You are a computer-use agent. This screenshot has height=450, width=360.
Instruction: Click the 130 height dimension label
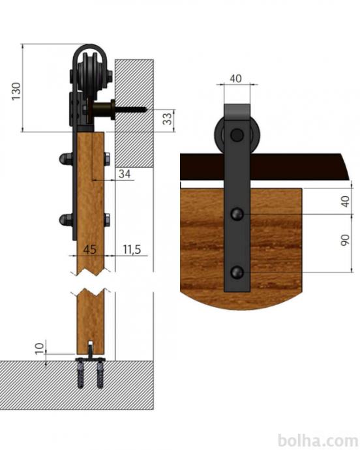click(17, 91)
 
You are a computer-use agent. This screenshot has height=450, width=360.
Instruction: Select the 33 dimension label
click(167, 119)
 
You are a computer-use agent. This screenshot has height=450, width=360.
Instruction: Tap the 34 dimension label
click(125, 173)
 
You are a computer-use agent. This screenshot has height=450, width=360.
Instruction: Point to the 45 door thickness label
click(90, 249)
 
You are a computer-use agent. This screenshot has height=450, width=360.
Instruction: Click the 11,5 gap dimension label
click(132, 249)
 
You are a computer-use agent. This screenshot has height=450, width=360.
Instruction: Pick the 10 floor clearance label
click(40, 348)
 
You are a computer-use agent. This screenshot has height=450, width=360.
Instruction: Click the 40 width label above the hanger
click(235, 78)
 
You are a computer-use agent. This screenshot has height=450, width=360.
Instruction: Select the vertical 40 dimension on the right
click(345, 201)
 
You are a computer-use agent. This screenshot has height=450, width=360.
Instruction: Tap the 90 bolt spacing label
click(345, 240)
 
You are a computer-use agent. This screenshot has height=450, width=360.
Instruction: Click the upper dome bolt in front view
click(237, 214)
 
